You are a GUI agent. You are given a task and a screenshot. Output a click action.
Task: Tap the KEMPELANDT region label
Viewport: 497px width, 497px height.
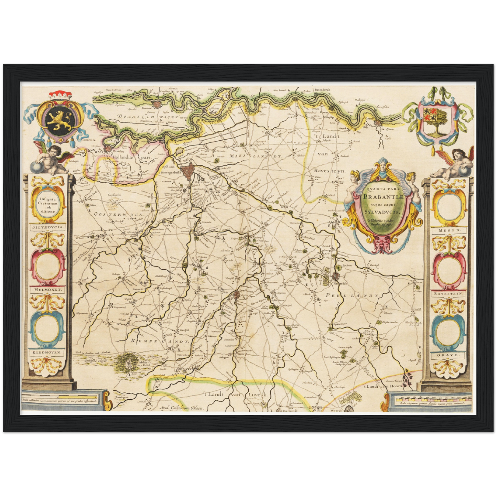click(160, 341)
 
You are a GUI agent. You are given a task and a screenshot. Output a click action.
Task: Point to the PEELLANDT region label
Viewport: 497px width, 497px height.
click(352, 295)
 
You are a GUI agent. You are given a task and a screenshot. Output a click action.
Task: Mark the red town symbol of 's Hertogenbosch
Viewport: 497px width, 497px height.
click(188, 172)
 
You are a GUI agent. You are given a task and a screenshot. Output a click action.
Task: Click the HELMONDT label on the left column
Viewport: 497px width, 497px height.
click(48, 290)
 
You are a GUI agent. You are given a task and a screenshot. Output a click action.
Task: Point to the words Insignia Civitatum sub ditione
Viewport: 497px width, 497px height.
click(47, 204)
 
